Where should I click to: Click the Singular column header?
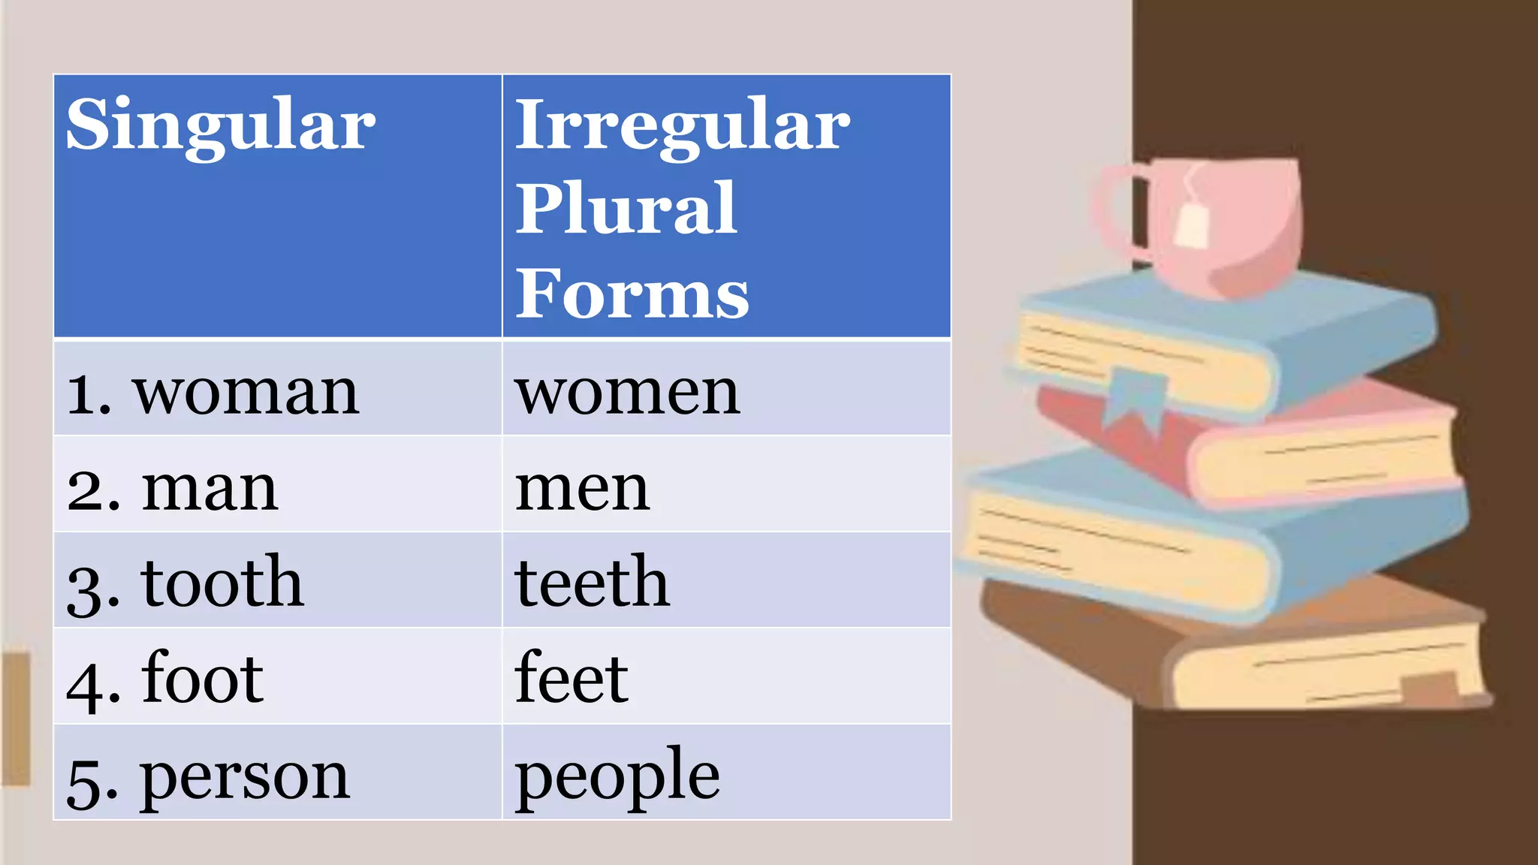click(220, 125)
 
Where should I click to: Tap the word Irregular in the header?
click(682, 125)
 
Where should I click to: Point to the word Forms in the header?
click(632, 294)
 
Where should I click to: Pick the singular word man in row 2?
click(210, 489)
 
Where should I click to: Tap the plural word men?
click(582, 489)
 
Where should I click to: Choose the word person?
click(245, 776)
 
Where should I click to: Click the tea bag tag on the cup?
click(1192, 225)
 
